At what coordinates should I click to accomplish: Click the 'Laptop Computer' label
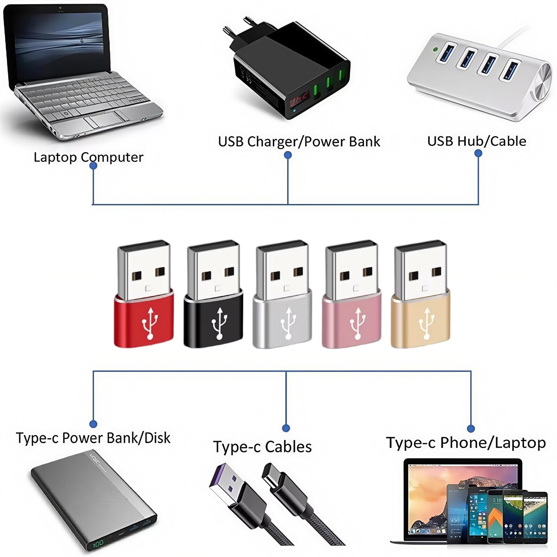click(88, 157)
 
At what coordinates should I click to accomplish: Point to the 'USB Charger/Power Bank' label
click(299, 142)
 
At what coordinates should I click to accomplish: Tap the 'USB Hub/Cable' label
click(477, 141)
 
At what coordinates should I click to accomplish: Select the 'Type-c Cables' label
click(262, 447)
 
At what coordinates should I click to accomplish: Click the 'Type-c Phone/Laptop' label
click(466, 443)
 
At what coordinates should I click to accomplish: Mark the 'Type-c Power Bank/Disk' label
click(93, 438)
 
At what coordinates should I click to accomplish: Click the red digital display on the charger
click(299, 100)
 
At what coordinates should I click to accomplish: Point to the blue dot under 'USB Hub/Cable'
click(478, 153)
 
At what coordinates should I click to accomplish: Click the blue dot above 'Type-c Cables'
click(286, 428)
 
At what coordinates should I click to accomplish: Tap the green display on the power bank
click(99, 543)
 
